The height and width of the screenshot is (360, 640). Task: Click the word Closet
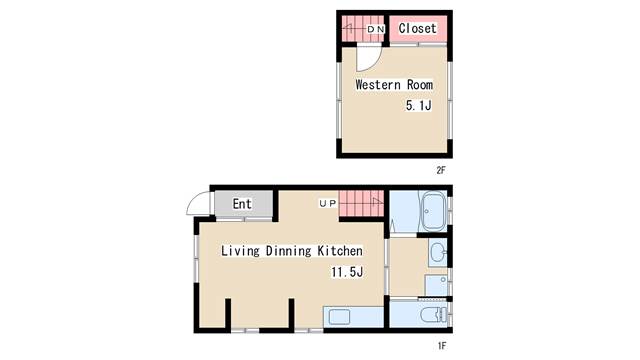click(417, 28)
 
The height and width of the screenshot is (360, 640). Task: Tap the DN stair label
click(376, 29)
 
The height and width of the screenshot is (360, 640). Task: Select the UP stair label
click(328, 203)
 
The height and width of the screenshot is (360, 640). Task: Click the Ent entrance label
click(242, 203)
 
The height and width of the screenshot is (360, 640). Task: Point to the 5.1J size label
click(418, 105)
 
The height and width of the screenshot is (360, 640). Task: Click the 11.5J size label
click(347, 271)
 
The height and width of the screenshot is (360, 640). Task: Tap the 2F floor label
click(441, 170)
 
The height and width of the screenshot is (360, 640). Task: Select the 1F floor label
click(442, 346)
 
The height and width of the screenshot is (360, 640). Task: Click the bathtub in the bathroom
click(433, 211)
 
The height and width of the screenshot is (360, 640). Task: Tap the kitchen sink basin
click(339, 316)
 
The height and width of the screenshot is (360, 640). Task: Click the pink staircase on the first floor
click(362, 203)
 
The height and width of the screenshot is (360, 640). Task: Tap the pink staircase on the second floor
click(363, 29)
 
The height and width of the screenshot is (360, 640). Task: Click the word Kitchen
click(340, 250)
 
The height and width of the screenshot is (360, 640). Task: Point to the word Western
click(378, 84)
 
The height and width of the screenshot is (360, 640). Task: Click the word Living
click(240, 251)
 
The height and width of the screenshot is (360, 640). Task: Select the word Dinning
click(288, 251)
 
